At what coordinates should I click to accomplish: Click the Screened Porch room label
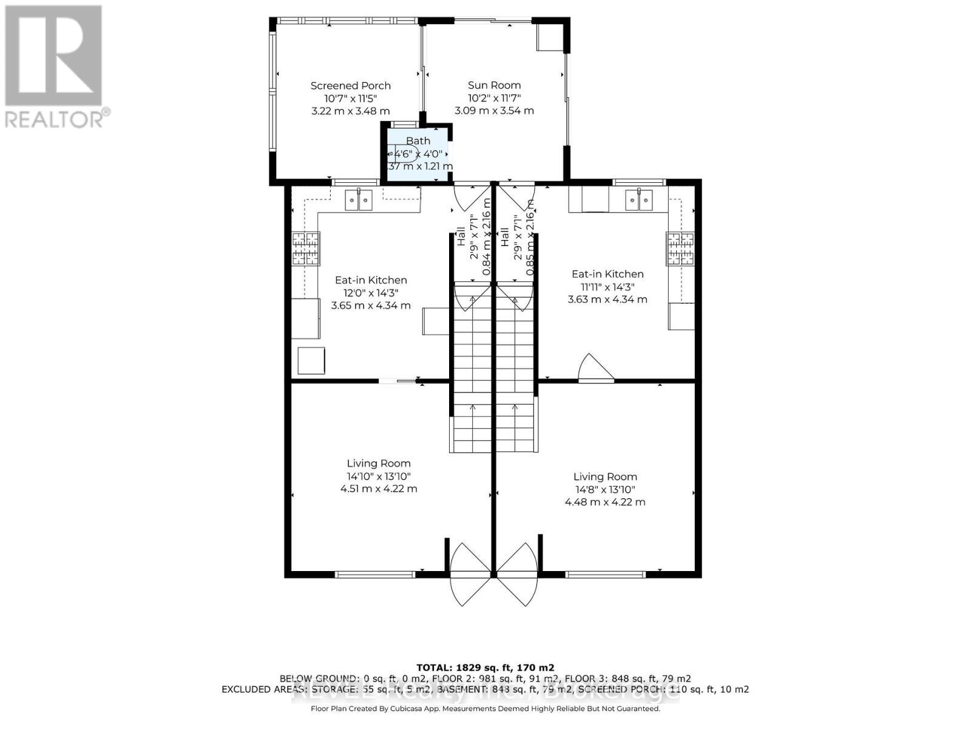click(x=350, y=86)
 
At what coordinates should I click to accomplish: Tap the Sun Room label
click(x=494, y=85)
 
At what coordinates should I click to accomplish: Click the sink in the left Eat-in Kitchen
click(x=358, y=200)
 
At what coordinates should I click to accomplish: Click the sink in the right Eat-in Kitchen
click(x=639, y=200)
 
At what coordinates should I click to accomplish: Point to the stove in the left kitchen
click(x=306, y=248)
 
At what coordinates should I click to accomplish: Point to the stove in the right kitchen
click(x=680, y=248)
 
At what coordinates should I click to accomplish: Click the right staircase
click(x=515, y=371)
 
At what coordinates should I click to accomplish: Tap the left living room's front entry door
click(x=470, y=574)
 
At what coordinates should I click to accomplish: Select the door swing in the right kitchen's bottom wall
click(x=595, y=369)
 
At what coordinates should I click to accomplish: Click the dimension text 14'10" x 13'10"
click(x=379, y=476)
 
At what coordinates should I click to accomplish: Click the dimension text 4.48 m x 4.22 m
click(x=605, y=502)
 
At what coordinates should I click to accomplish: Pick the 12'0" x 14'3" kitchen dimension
click(x=371, y=293)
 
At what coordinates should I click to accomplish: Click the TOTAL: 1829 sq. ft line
click(x=485, y=667)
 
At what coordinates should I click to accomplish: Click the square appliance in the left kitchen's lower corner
click(x=311, y=361)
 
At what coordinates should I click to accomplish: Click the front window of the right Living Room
click(x=605, y=573)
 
